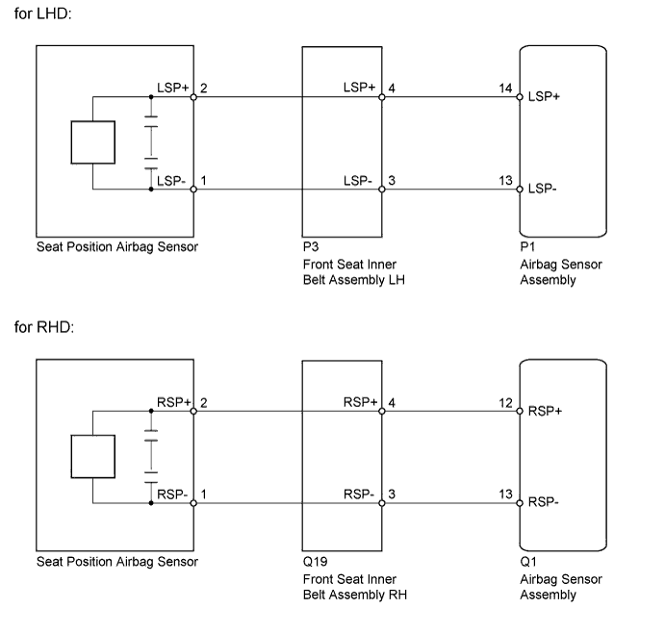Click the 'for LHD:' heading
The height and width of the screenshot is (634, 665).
coord(43,13)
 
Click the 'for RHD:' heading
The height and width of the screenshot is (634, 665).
coord(44,327)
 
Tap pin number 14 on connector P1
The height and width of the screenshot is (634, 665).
coord(505,89)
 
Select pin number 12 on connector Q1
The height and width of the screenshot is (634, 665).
coord(505,403)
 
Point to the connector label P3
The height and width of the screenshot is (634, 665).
coord(311,247)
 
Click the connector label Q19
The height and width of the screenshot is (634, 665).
coord(315,562)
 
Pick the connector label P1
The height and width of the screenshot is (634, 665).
coord(527,247)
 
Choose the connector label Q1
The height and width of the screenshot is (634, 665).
coord(528,562)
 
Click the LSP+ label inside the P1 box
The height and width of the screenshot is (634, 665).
coord(544,97)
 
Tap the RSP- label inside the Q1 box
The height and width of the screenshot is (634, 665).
coord(544,502)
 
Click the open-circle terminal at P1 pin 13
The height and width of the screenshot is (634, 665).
coord(520,190)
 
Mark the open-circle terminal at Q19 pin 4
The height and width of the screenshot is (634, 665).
coord(382,411)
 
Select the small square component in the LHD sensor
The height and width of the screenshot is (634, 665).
coord(93,142)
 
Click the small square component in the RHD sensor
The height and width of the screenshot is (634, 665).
coord(93,456)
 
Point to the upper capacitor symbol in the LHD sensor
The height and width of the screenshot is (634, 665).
coord(151,121)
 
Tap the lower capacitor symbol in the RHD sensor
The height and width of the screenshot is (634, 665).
coord(151,477)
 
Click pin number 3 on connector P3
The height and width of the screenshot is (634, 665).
coord(392,181)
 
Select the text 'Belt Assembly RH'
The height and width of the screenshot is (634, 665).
coord(355,595)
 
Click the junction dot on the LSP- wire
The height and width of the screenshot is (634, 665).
coord(151,190)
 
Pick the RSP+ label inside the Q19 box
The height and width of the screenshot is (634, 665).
coord(360,402)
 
